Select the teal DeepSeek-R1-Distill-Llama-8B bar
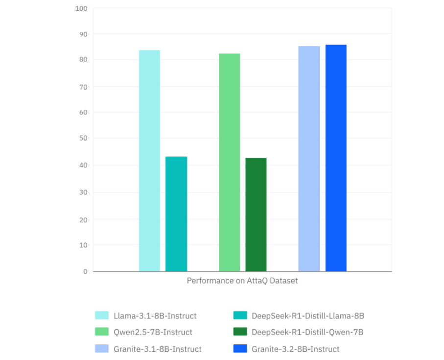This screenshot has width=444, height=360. [x=176, y=214]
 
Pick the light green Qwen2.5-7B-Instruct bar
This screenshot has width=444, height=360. [x=229, y=162]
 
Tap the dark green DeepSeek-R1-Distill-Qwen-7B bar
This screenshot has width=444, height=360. [x=256, y=215]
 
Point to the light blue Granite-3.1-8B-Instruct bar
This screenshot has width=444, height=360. [x=309, y=159]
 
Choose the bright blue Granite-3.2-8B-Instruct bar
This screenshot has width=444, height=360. [x=336, y=158]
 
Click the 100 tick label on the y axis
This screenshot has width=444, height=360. [x=81, y=9]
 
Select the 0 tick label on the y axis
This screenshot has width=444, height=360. [x=85, y=271]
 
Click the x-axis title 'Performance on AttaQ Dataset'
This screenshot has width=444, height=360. [x=242, y=281]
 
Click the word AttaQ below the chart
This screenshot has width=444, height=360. [x=258, y=281]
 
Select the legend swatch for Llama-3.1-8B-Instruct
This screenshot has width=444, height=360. [x=102, y=315]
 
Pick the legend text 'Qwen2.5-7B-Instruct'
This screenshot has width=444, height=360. [x=153, y=332]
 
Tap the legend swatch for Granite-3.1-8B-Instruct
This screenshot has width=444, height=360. [x=102, y=349]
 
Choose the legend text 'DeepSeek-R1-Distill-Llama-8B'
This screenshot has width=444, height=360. [x=308, y=315]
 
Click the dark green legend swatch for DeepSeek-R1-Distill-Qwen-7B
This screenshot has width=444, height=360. [x=240, y=332]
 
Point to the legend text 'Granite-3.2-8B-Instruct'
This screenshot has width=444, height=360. [x=296, y=349]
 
